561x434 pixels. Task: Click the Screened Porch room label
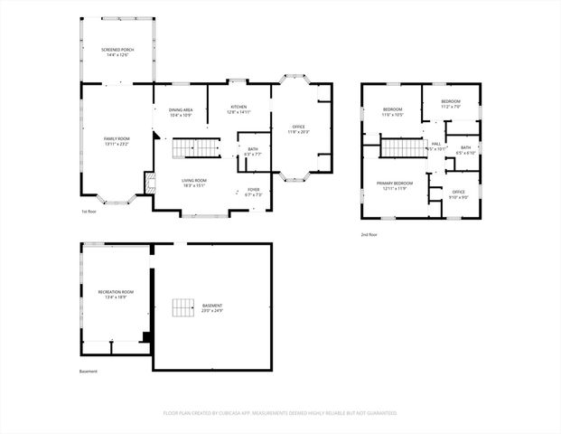point(117,52)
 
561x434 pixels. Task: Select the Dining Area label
point(182,112)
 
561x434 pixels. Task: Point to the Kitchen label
point(239,109)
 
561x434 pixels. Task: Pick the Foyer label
point(253,192)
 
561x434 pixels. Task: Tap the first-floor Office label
point(299,128)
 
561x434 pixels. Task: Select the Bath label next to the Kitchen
point(253,151)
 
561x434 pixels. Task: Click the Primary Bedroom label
point(395,185)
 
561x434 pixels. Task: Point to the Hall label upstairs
point(436,146)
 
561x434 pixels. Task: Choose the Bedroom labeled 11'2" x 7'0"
point(451,103)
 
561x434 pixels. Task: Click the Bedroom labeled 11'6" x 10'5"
point(392,112)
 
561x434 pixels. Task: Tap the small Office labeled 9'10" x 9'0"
point(459,193)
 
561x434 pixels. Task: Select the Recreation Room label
point(116,294)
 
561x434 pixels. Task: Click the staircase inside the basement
point(185,307)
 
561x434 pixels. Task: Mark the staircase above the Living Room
point(195,147)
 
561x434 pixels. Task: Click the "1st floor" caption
point(90,212)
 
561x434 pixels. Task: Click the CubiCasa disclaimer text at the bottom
point(280,412)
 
